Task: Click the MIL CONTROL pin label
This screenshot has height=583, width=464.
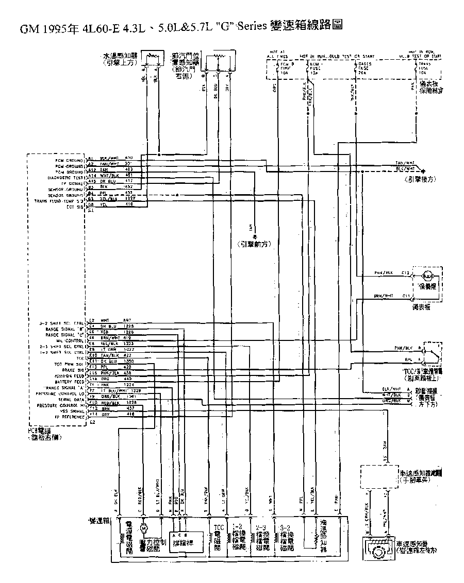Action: [72, 340]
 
